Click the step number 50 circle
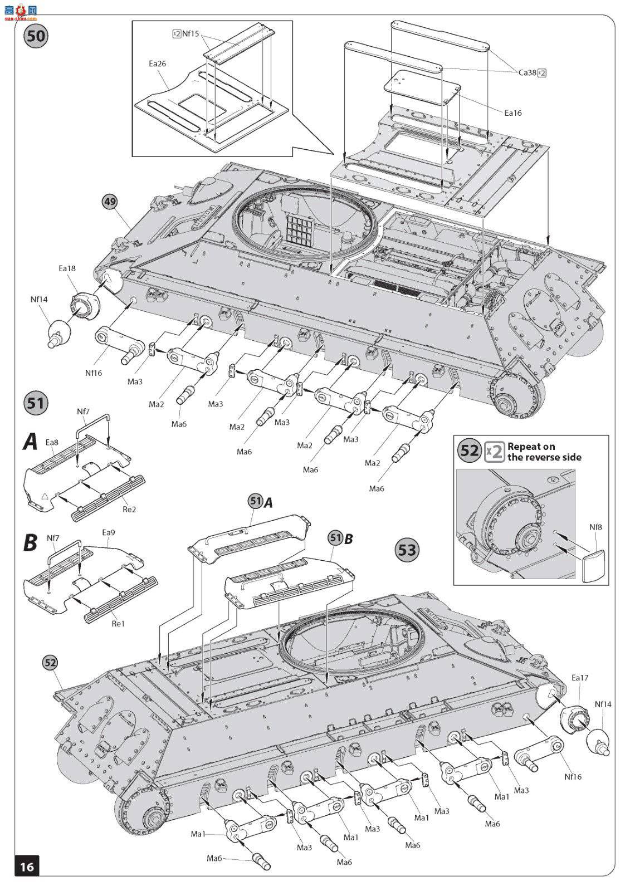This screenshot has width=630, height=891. click(36, 37)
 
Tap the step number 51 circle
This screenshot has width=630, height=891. click(36, 402)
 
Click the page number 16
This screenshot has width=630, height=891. click(27, 867)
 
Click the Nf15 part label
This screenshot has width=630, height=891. click(191, 34)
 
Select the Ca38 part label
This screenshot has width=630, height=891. click(526, 72)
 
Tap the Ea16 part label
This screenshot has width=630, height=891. click(512, 112)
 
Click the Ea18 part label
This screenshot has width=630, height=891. click(67, 268)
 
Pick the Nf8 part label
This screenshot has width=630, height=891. click(596, 527)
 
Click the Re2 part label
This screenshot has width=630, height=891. click(129, 509)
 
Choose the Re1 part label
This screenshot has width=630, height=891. click(118, 623)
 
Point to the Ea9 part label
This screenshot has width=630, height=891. click(108, 532)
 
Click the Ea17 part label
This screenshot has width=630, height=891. click(579, 678)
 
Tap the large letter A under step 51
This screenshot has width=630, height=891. click(30, 442)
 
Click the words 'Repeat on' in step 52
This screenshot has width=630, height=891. click(531, 446)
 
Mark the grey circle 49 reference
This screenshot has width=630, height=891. click(110, 202)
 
